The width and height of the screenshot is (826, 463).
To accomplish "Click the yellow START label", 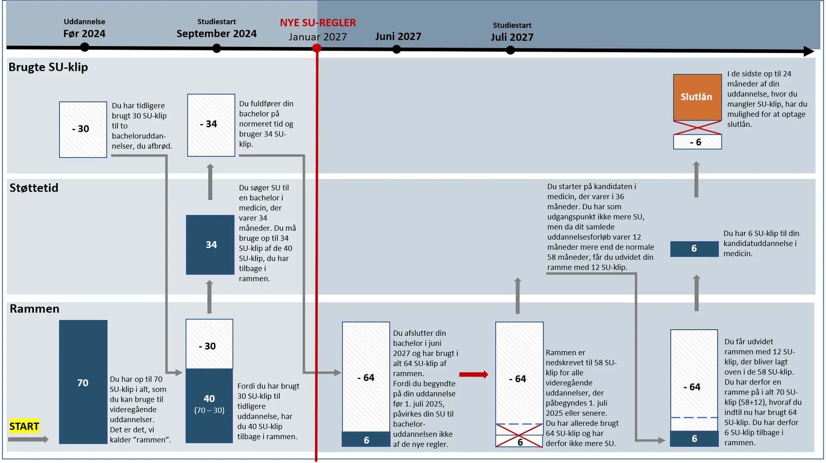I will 24,426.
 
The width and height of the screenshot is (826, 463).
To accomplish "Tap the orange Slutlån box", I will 697,97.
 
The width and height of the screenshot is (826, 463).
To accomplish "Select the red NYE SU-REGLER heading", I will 318,23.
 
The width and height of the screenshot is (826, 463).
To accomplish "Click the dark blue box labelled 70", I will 83,382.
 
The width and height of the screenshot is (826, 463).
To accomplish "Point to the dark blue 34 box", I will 210,245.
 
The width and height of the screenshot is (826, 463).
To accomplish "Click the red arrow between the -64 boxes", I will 473,374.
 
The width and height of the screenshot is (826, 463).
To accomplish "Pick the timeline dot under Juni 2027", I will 397,50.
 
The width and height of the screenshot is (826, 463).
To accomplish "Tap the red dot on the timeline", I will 317,49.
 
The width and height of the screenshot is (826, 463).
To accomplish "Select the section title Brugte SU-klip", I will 48,67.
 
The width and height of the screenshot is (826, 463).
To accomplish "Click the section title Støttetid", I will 34,188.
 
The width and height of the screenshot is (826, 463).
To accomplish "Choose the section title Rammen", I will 34,309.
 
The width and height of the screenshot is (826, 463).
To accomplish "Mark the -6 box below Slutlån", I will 697,142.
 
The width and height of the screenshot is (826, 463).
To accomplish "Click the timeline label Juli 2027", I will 512,37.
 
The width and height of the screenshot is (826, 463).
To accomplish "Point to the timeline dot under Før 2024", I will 85,47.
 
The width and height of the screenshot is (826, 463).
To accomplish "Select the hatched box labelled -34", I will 211,125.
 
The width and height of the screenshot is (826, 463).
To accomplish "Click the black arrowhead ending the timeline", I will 808,52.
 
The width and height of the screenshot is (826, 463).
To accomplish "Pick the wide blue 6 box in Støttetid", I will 694,248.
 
